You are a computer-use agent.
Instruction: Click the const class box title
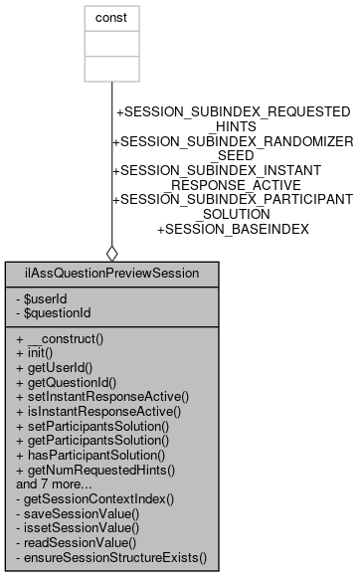coord(111,18)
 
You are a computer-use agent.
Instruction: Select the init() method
coord(39,353)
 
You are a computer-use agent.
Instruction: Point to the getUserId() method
coord(60,367)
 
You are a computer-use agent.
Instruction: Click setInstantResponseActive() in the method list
coord(102,396)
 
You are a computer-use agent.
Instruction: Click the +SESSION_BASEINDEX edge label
coord(234,229)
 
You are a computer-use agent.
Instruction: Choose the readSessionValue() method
coord(77,543)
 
